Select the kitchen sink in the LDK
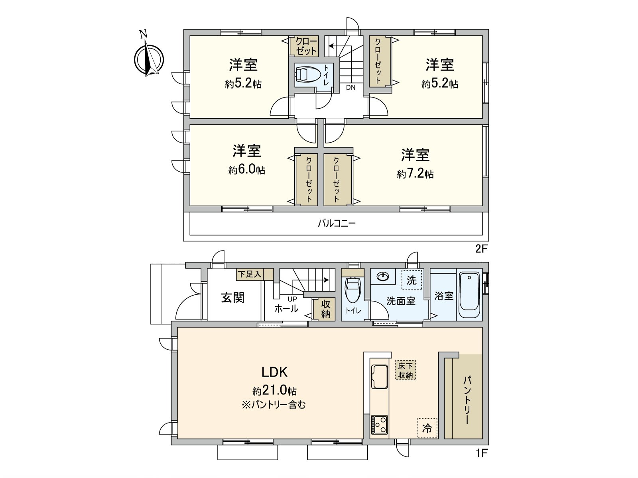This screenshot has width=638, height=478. click(379, 376)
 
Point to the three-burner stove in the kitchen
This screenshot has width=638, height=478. click(379, 425)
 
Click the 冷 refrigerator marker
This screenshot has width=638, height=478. click(427, 428)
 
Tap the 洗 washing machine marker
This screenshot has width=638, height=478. click(412, 280)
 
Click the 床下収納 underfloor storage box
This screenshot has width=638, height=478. click(406, 370)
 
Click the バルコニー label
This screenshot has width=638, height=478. click(336, 223)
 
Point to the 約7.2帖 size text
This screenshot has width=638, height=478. click(415, 174)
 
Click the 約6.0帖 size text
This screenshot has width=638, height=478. click(246, 170)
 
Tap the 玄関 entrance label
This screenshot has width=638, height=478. click(232, 298)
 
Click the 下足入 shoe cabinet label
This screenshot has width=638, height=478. click(250, 274)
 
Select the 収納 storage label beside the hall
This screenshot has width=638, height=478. click(325, 309)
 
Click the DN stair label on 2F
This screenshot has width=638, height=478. click(351, 88)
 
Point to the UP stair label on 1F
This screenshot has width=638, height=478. click(292, 299)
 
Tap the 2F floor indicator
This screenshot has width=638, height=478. click(481, 249)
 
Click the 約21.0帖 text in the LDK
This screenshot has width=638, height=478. click(274, 390)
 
